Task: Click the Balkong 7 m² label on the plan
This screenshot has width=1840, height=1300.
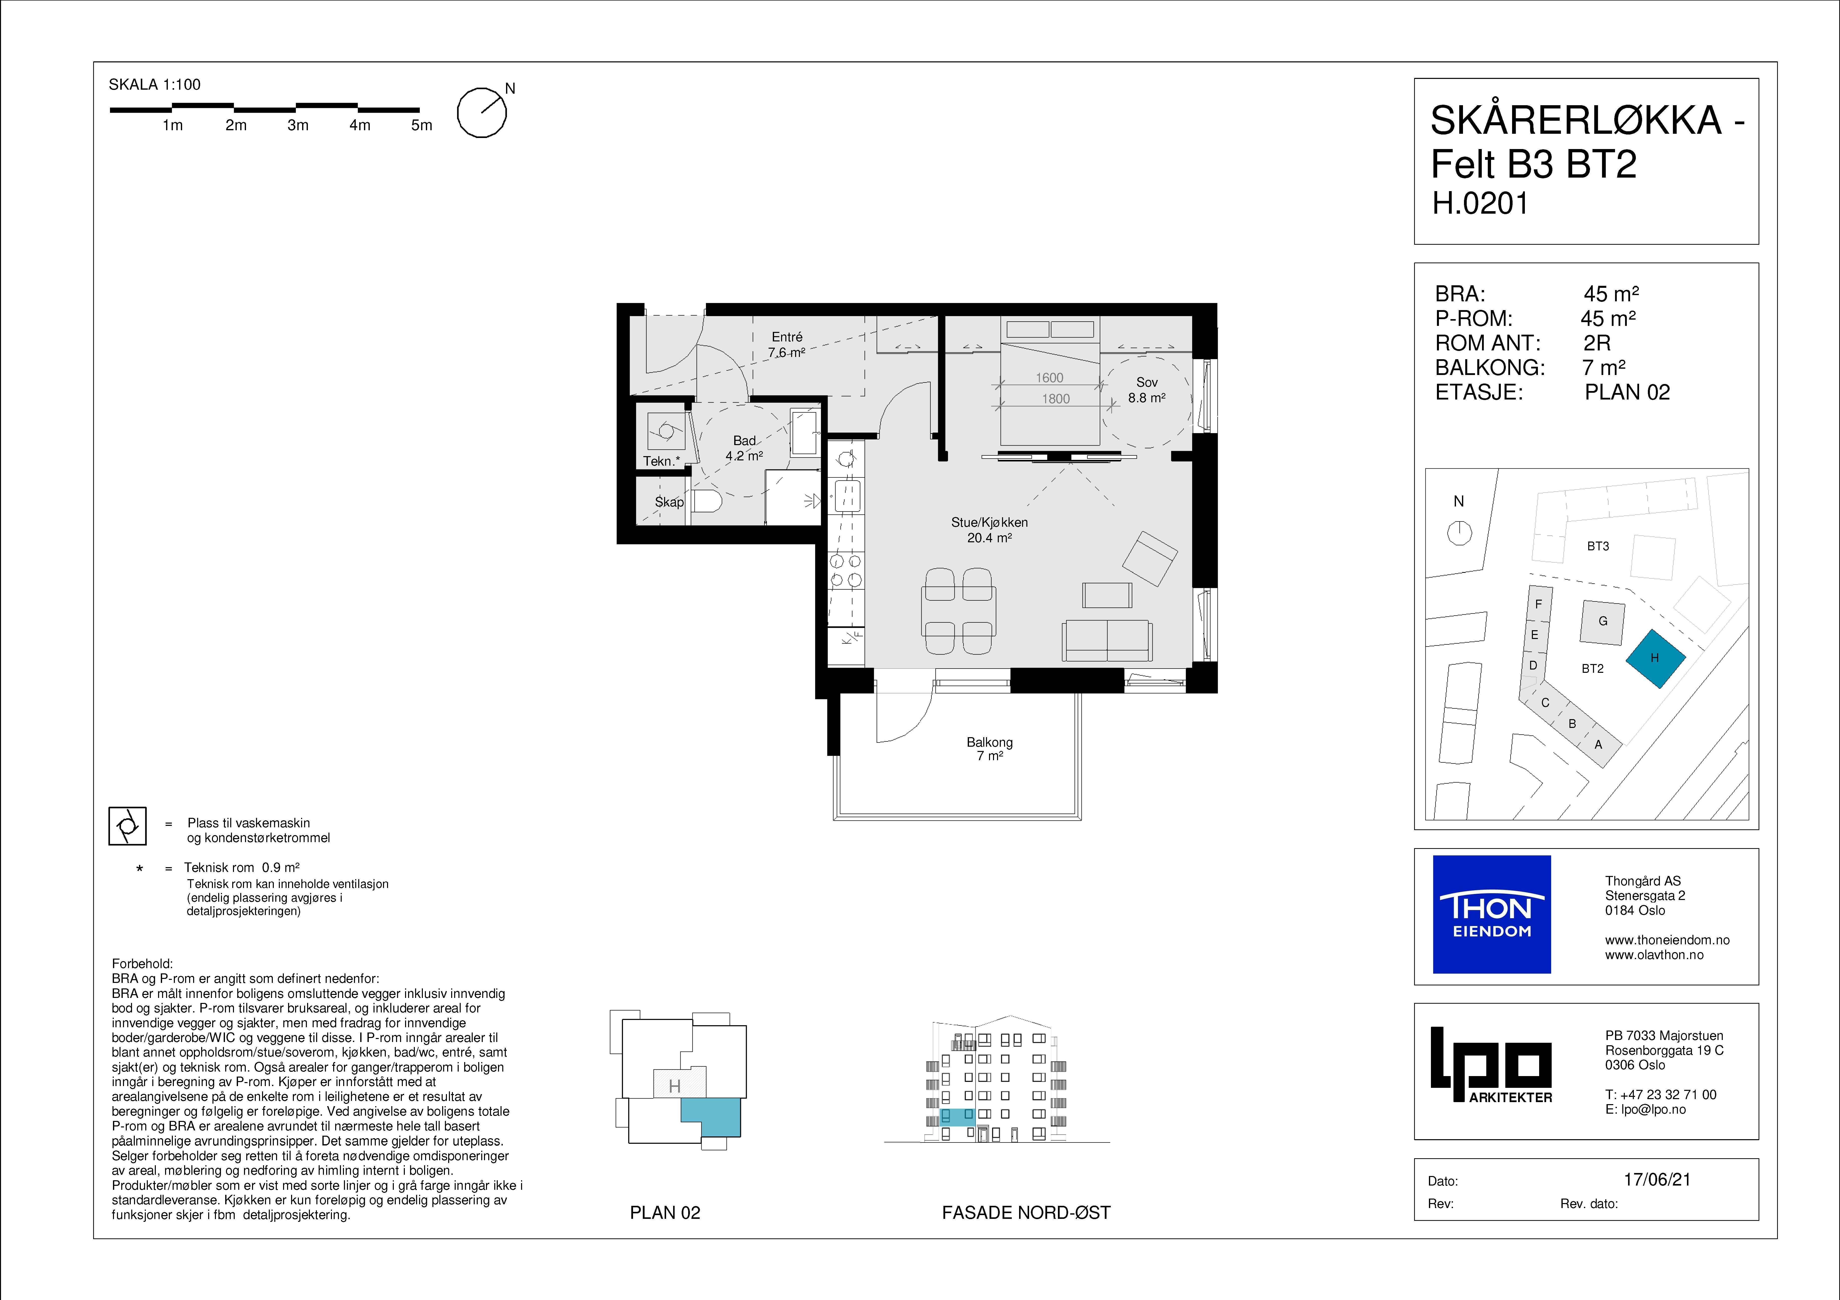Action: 990,749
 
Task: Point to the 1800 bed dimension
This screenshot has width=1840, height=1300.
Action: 1055,398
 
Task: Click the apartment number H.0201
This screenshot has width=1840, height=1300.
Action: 1480,204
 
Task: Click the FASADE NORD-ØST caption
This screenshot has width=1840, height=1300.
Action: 1026,1213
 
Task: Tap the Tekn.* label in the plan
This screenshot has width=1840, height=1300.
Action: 661,461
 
